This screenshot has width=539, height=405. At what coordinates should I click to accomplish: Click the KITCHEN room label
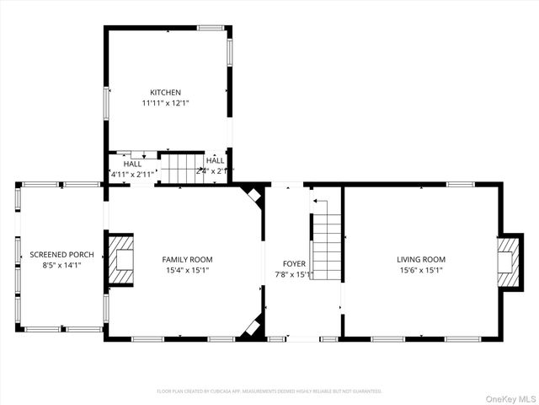[x=165, y=93]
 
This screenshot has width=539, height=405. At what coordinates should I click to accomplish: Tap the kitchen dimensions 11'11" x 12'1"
[x=165, y=104]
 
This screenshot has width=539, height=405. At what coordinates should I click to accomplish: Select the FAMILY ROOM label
[x=188, y=259]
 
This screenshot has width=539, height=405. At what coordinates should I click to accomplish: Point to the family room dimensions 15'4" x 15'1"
[x=188, y=271]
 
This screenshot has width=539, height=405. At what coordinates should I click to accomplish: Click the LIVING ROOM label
[x=421, y=259]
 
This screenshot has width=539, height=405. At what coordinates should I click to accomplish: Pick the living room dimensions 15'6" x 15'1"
[x=421, y=271]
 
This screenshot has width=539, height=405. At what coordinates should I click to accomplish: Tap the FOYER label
[x=294, y=263]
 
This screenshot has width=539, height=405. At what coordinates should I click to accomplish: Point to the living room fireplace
[x=507, y=262]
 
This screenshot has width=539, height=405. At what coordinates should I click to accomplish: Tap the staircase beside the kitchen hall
[x=181, y=168]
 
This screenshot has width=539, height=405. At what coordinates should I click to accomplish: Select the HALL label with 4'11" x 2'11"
[x=132, y=169]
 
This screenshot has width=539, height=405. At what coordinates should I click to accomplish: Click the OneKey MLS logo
[x=509, y=397]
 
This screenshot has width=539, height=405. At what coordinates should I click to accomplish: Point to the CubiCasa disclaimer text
[x=269, y=391]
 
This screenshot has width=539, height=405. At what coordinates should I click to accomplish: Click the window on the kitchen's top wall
[x=211, y=28]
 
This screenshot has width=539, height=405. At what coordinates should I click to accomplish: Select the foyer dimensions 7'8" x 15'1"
[x=294, y=274]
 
